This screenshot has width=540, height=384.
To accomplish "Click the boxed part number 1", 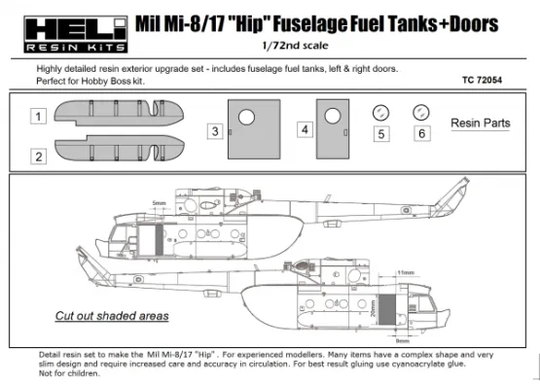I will [x=38, y=117].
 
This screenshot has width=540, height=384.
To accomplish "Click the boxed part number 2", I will [x=38, y=155].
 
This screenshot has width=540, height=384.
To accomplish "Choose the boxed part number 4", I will [x=305, y=128].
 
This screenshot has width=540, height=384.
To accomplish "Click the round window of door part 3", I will [x=247, y=118].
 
